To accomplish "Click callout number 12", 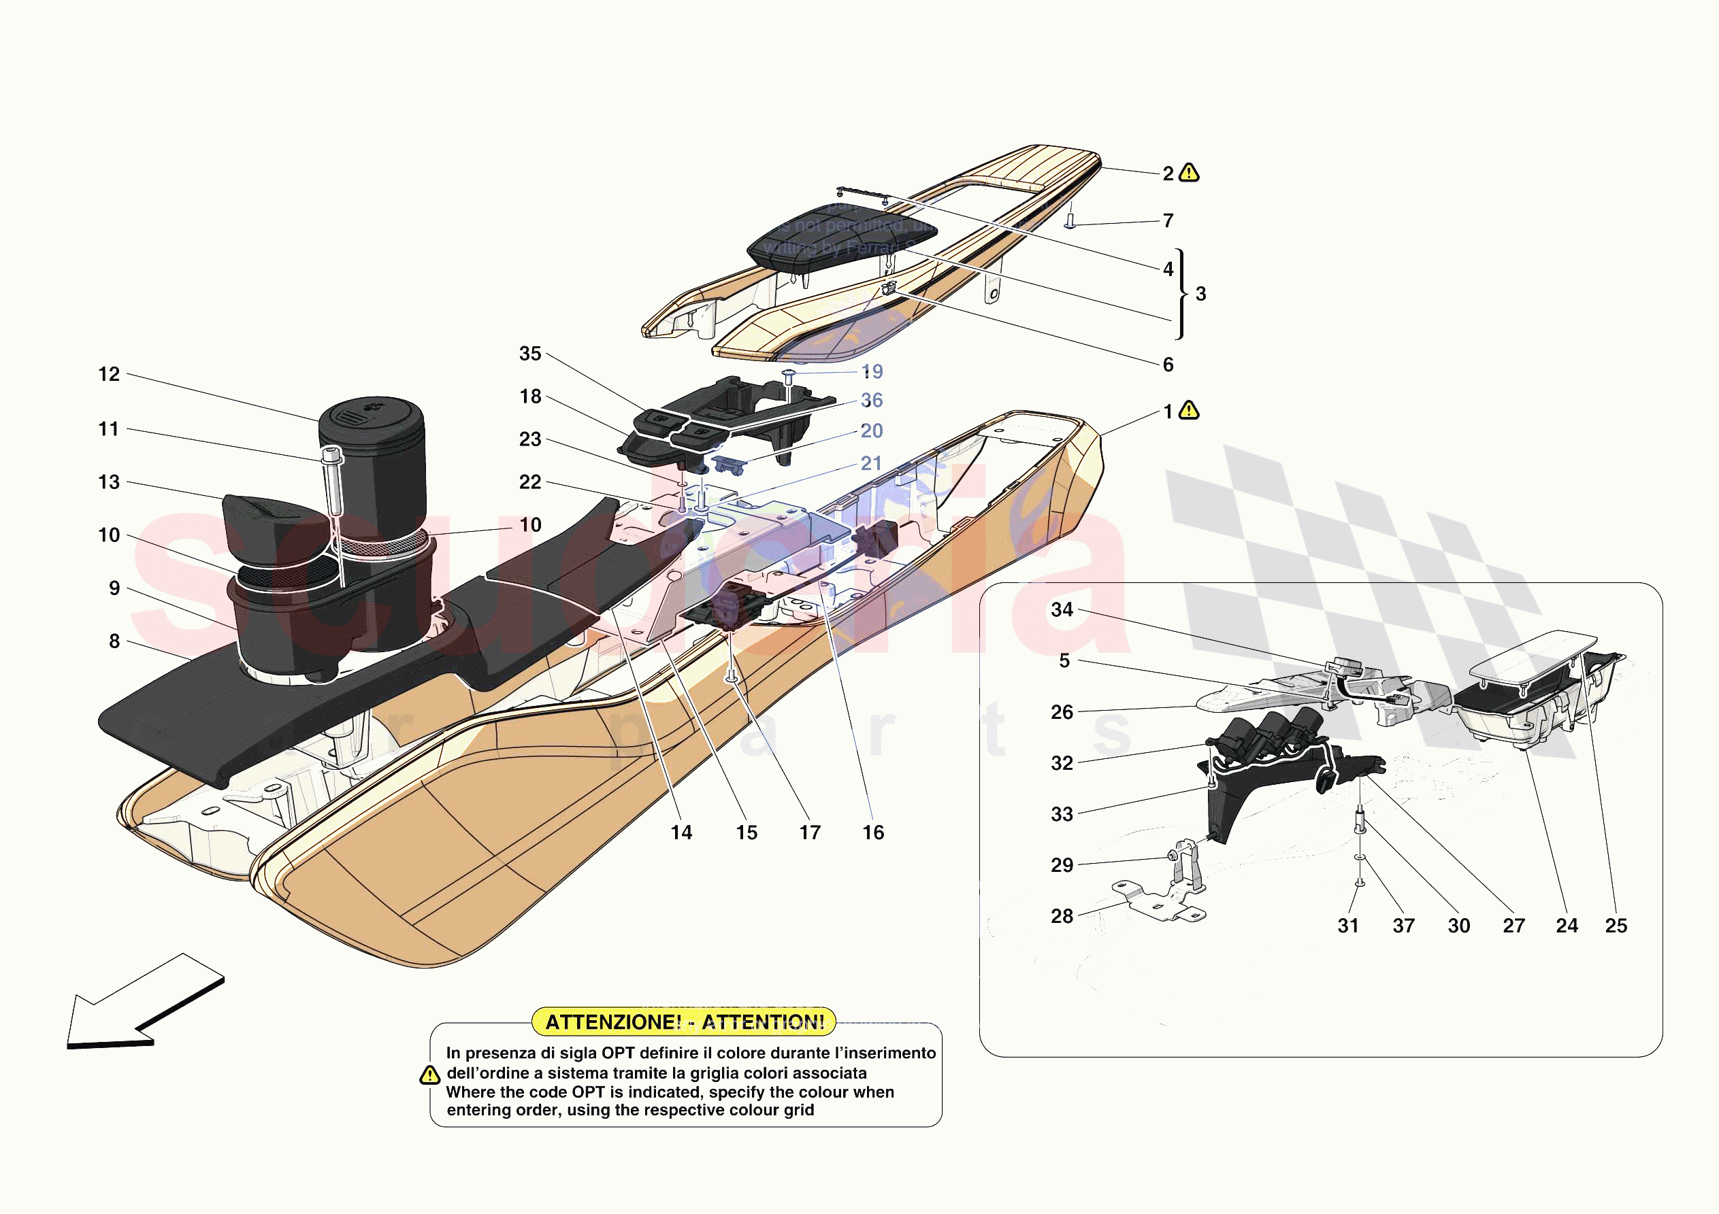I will pyautogui.click(x=110, y=374).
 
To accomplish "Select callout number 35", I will pyautogui.click(x=530, y=354).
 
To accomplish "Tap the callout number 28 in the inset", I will pyautogui.click(x=1062, y=916).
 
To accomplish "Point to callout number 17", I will pyautogui.click(x=809, y=833).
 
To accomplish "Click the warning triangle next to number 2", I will pyautogui.click(x=1189, y=173).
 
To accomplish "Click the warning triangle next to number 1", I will pyautogui.click(x=1189, y=411).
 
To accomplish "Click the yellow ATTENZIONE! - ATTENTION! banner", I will pyautogui.click(x=683, y=1022).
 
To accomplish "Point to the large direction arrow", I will pyautogui.click(x=142, y=1003).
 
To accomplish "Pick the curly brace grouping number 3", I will pyautogui.click(x=1181, y=293).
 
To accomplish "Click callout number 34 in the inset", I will pyautogui.click(x=1062, y=610).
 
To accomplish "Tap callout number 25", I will pyautogui.click(x=1616, y=926).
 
